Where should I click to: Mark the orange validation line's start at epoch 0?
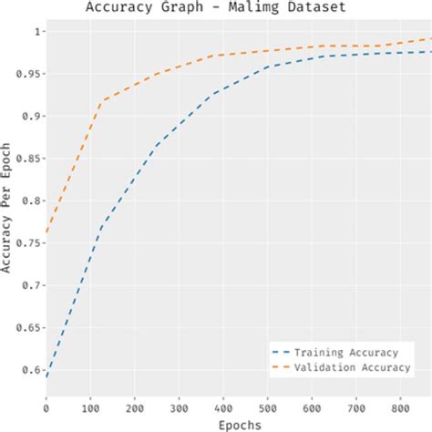tap(46, 233)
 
